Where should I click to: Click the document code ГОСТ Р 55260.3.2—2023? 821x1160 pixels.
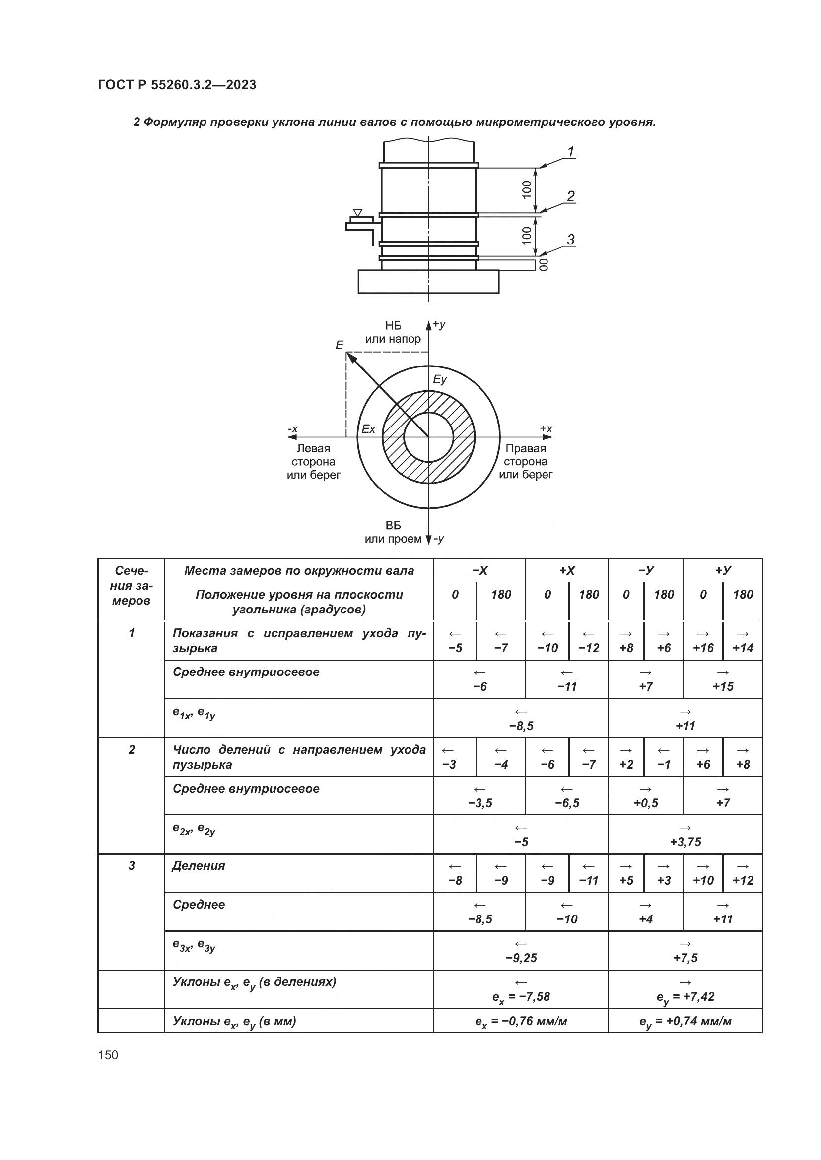pos(177,85)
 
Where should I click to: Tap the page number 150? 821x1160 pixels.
pos(108,1055)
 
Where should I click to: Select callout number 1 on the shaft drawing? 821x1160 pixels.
pos(571,151)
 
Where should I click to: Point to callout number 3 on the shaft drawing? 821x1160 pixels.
pos(571,240)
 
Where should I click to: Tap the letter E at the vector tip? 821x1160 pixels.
pos(339,345)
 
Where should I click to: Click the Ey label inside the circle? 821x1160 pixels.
pos(440,379)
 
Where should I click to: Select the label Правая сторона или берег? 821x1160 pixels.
pos(526,461)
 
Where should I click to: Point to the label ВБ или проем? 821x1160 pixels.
pos(393,532)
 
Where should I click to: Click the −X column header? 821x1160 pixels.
pos(480,570)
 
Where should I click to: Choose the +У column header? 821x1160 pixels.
pos(723,570)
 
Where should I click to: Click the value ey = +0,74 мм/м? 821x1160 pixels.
pos(685,1022)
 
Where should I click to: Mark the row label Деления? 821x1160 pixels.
pos(199,866)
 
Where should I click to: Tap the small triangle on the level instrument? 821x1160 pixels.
pos(358,212)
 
